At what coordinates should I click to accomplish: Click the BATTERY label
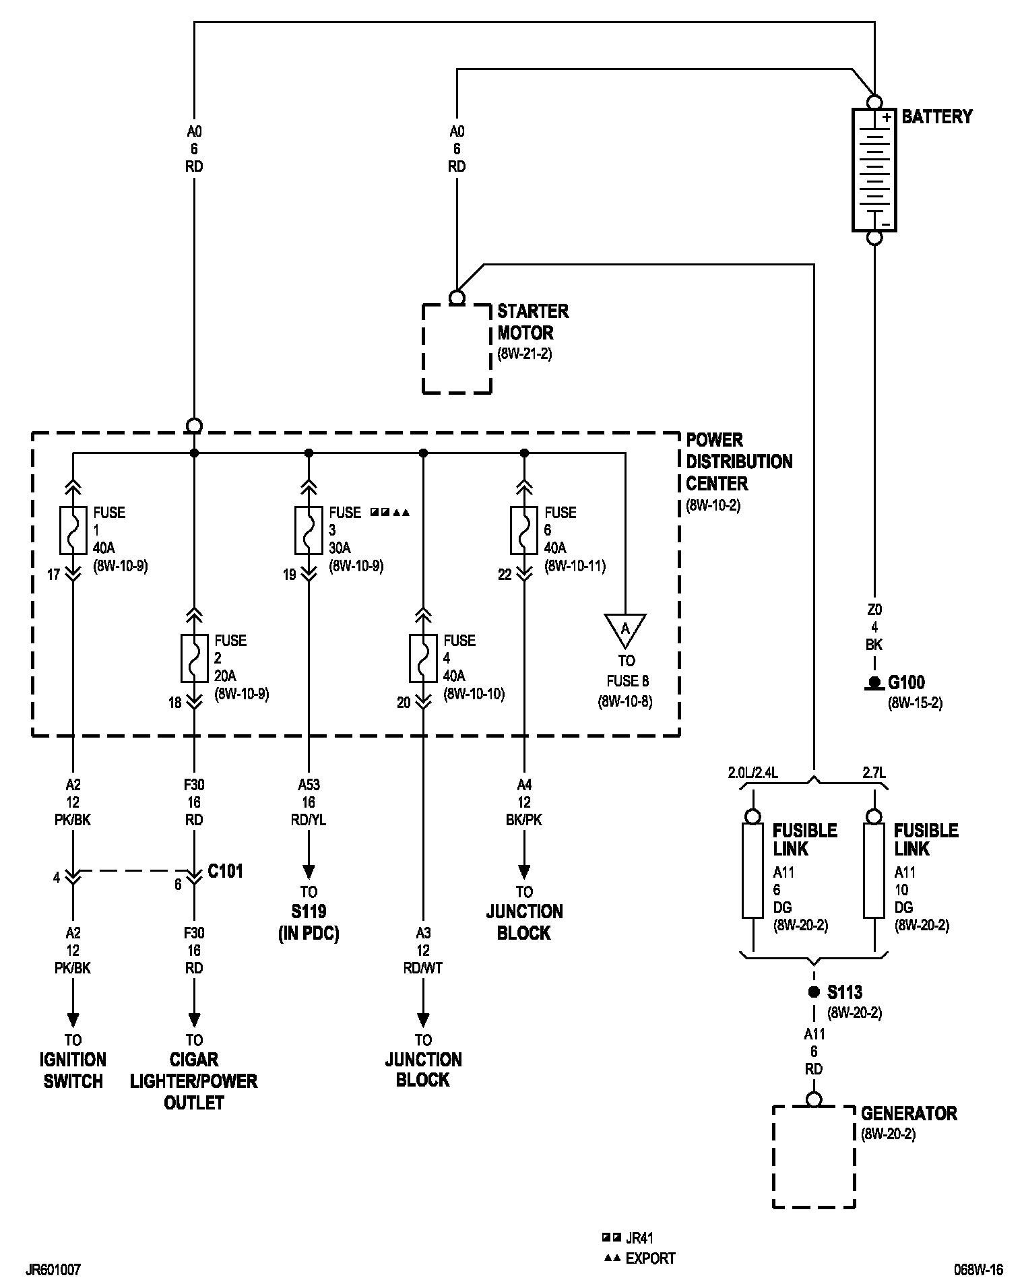click(936, 117)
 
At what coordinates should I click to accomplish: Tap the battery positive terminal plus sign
click(887, 118)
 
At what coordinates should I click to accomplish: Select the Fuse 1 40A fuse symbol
click(73, 529)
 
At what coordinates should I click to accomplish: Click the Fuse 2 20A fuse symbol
click(194, 657)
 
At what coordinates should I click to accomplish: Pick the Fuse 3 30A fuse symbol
click(309, 529)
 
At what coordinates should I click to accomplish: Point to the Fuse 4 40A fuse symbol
click(423, 657)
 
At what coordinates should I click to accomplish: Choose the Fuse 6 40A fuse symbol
click(524, 529)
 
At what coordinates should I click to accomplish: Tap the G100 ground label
click(907, 682)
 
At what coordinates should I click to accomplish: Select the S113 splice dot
click(814, 992)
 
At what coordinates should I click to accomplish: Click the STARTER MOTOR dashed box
click(457, 348)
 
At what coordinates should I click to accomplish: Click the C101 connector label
click(225, 871)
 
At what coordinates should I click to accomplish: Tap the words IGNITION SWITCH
click(73, 1070)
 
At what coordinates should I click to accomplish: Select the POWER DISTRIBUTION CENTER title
click(739, 461)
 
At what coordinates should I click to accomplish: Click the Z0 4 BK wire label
click(874, 627)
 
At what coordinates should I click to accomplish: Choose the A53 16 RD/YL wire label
click(309, 802)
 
